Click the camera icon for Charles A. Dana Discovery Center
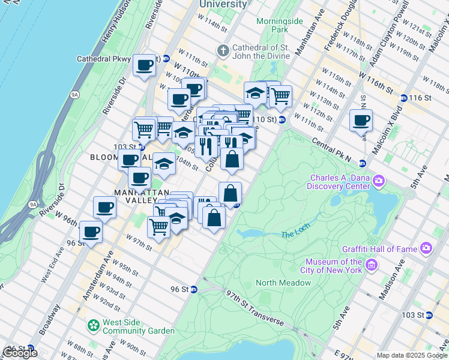(x=379, y=180)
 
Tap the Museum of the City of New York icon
(x=372, y=264)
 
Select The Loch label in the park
(x=293, y=234)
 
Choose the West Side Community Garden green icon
(x=93, y=326)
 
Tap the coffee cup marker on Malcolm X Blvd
(x=361, y=120)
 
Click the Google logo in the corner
(x=20, y=352)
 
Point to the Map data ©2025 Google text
(x=411, y=355)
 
